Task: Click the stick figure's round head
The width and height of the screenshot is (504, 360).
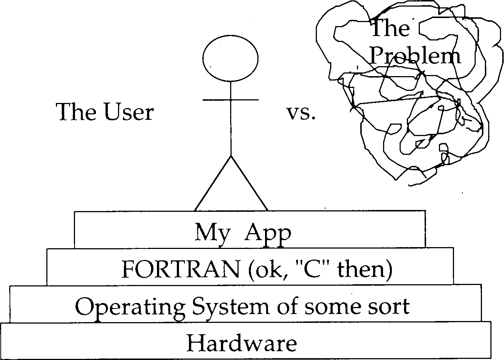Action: coord(230,59)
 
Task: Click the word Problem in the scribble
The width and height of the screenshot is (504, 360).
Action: coord(415,56)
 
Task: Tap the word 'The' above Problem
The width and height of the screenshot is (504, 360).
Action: coord(390,28)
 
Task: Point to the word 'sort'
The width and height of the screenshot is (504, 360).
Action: coord(391,306)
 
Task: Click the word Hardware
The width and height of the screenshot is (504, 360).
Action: coord(242,343)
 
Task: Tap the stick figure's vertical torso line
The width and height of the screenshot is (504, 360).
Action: coord(230,125)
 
